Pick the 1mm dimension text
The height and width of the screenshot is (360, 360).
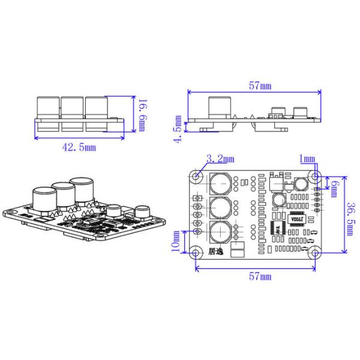click(307, 158)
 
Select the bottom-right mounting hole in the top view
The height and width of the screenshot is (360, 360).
click(314, 252)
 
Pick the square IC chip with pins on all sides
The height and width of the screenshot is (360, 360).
click(277, 229)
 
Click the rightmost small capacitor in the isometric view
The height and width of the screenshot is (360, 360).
click(142, 212)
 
